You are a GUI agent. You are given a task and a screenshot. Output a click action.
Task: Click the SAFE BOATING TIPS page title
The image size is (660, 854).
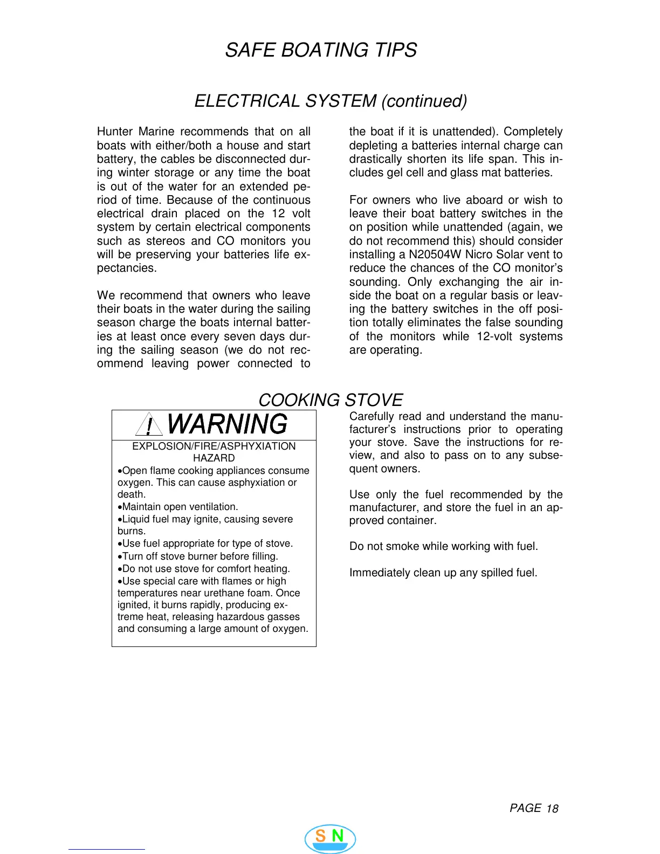pos(321,50)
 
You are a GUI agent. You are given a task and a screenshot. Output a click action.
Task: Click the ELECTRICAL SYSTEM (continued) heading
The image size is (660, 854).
pos(331,101)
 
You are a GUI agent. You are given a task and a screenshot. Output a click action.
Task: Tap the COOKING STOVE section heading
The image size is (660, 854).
pos(330,400)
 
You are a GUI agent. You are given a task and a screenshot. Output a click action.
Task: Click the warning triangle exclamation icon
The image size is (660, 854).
pos(149,425)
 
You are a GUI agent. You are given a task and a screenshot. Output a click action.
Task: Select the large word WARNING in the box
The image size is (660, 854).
pos(227,424)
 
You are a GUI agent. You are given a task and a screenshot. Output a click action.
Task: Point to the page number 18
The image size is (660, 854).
pos(552,809)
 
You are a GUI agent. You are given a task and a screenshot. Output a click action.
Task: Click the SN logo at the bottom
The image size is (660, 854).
pos(330,838)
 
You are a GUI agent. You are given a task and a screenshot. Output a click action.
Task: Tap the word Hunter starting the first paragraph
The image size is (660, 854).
pos(114,132)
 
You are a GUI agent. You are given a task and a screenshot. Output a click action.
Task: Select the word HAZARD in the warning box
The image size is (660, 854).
pos(214,458)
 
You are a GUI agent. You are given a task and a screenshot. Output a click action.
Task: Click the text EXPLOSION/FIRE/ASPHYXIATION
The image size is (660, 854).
pos(214,446)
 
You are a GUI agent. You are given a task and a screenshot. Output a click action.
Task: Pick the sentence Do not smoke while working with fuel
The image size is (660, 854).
pos(443,546)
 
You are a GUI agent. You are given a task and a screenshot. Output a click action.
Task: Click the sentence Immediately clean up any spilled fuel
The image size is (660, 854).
pos(443,573)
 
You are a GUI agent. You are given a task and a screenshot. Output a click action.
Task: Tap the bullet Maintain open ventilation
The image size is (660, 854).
pos(179,507)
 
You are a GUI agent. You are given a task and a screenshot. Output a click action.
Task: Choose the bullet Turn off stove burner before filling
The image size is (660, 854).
pos(199,556)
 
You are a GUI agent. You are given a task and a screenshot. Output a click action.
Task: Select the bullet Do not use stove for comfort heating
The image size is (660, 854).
pos(205,569)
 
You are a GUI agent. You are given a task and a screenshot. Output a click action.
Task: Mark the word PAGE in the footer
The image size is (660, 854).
pos(525,808)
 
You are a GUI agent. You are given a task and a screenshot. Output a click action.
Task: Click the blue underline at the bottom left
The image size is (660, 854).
pos(106,849)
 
